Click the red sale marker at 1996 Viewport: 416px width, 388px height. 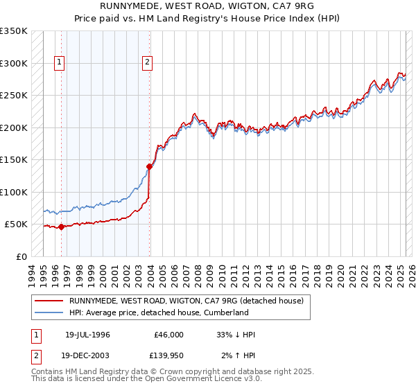(x=61, y=227)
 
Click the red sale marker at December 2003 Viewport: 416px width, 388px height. (x=149, y=166)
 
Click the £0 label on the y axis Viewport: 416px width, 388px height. (x=21, y=257)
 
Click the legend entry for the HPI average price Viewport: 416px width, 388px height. (x=158, y=312)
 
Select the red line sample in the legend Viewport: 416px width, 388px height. (x=49, y=301)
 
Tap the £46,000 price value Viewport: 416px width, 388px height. (x=168, y=335)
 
